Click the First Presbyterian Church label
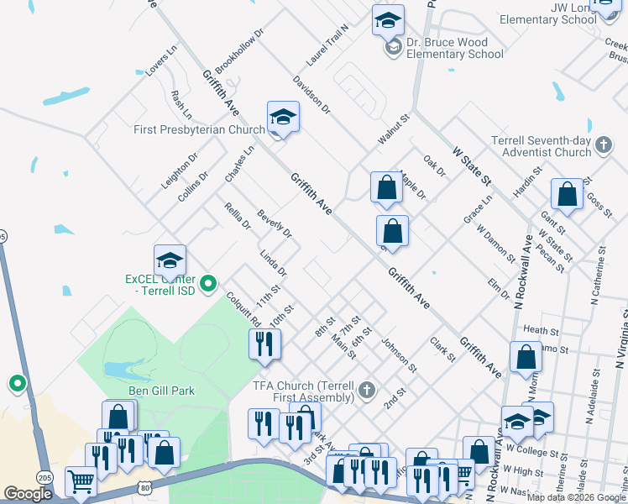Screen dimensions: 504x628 [x=199, y=130]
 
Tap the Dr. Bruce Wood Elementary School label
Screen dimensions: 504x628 [x=455, y=47]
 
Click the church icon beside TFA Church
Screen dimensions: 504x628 [x=366, y=391]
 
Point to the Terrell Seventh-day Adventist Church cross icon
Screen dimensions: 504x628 [x=603, y=146]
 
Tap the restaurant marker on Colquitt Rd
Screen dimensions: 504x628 [x=264, y=344]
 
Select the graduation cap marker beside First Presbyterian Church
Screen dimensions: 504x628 [x=283, y=118]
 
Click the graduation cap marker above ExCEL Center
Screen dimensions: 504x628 [x=170, y=260]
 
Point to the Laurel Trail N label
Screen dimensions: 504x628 [x=327, y=45]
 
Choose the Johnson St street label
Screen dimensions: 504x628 [x=399, y=355]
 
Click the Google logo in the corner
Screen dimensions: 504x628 [x=28, y=494]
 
